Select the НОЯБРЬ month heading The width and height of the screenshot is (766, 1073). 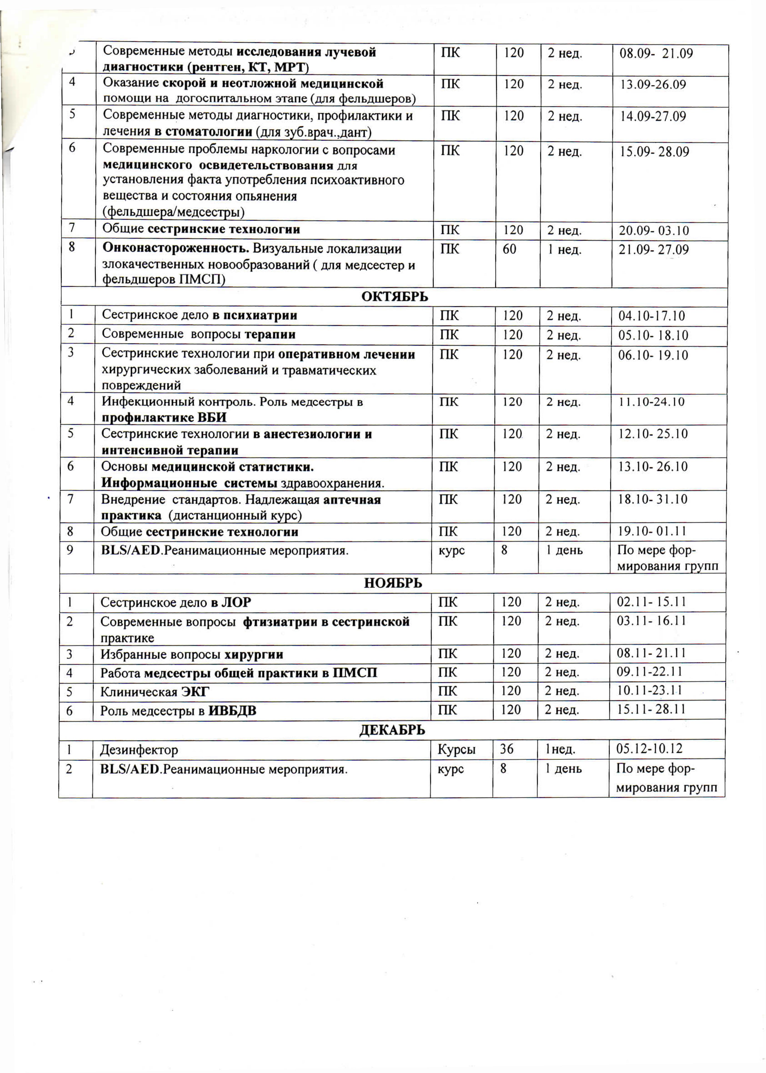click(393, 583)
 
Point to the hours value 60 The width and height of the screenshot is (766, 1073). click(509, 249)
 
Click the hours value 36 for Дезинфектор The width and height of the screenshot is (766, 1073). click(507, 749)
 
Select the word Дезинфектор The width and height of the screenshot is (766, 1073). click(139, 749)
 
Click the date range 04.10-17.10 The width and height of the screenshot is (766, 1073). click(651, 316)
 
